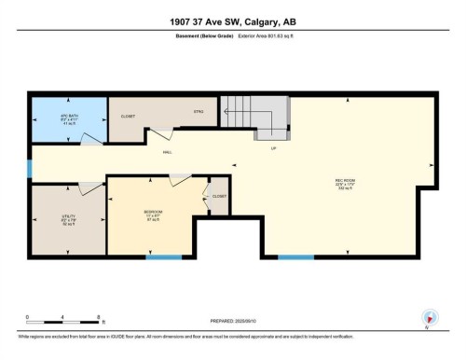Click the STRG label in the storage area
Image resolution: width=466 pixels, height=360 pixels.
[199, 113]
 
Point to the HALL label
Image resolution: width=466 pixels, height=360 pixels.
[168, 151]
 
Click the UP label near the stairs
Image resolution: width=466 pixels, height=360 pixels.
[273, 148]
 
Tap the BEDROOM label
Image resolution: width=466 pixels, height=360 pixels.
[155, 214]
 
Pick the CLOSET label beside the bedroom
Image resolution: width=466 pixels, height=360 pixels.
[219, 197]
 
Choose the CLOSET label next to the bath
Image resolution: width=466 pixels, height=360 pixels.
[128, 117]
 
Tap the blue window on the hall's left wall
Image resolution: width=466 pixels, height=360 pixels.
[30, 169]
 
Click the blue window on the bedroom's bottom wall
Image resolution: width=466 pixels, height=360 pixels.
[163, 256]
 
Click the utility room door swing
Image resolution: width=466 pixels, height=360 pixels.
[86, 188]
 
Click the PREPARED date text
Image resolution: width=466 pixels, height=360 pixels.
[233, 320]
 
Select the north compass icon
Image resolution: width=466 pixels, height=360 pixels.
[429, 317]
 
